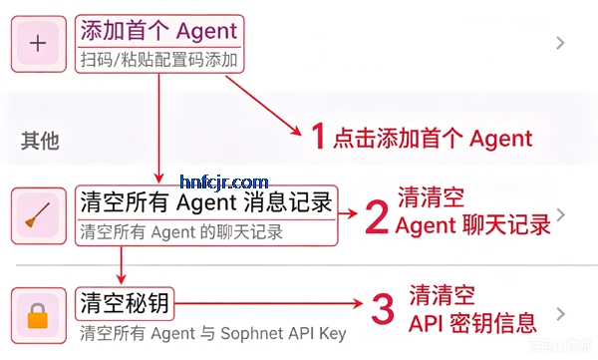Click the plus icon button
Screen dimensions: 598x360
pyautogui.click(x=38, y=43)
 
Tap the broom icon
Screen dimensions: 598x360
pyautogui.click(x=38, y=215)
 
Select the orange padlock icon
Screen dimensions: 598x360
pyautogui.click(x=38, y=316)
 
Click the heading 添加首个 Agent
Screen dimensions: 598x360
pyautogui.click(x=159, y=31)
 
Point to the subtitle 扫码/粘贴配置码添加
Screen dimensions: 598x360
pyautogui.click(x=159, y=60)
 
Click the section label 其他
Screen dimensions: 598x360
pyautogui.click(x=40, y=141)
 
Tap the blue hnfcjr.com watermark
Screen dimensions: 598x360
pyautogui.click(x=224, y=182)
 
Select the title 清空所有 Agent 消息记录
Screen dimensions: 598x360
pyautogui.click(x=206, y=202)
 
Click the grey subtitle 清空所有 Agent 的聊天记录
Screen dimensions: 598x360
pyautogui.click(x=181, y=232)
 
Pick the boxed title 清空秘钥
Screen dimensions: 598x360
pyautogui.click(x=125, y=303)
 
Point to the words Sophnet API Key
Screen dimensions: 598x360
pyautogui.click(x=283, y=333)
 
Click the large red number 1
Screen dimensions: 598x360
pyautogui.click(x=318, y=136)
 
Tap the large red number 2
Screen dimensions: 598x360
pyautogui.click(x=377, y=216)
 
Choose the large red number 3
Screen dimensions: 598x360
pyautogui.click(x=383, y=309)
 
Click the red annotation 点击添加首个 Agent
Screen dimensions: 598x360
pyautogui.click(x=433, y=139)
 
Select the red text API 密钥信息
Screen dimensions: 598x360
pyautogui.click(x=472, y=323)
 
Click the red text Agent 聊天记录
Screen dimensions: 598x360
pyautogui.click(x=472, y=224)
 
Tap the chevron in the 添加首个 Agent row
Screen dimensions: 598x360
pyautogui.click(x=560, y=43)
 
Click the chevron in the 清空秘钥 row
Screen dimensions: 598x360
pyautogui.click(x=560, y=314)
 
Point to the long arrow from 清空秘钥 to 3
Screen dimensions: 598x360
pyautogui.click(x=268, y=303)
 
